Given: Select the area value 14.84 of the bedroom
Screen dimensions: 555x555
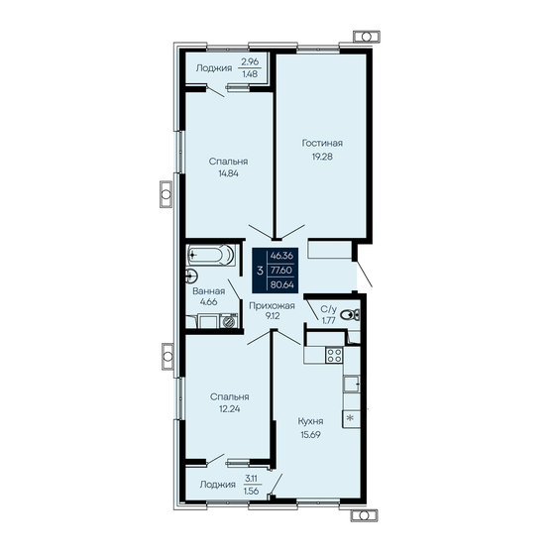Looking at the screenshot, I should coord(228,171).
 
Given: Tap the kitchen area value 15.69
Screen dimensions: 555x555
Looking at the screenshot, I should coord(314,433).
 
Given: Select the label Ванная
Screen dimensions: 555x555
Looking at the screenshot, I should coord(208,292).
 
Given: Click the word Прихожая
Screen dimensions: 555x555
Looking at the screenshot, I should coord(272,306).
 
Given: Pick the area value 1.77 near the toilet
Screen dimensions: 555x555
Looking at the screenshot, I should coord(328,319).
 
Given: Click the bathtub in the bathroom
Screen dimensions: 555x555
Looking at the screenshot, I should coord(211,256).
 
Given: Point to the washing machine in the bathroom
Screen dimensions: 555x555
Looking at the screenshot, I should coord(229,319).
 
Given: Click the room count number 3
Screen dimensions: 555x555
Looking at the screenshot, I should coord(260,269).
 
